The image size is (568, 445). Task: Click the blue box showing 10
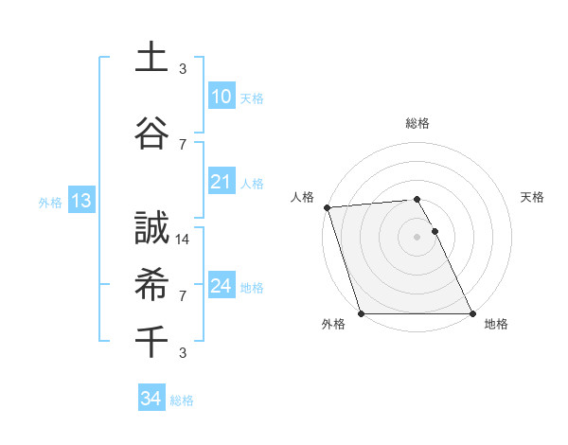(221, 96)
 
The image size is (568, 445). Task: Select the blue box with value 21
(221, 182)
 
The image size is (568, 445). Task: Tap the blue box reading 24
(221, 285)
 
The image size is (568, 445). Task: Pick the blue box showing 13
(80, 201)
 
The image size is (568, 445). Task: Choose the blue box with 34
(151, 399)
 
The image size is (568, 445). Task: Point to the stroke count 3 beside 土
(183, 68)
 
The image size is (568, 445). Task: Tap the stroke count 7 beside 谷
(183, 144)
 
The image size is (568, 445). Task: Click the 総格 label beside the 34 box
(182, 400)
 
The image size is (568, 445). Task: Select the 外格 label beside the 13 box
(50, 202)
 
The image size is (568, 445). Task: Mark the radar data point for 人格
(327, 207)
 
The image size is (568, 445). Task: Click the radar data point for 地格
(471, 313)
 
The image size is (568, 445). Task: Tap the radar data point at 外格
(361, 313)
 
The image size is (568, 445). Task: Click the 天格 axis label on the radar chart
(532, 197)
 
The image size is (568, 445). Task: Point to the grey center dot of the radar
(417, 237)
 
